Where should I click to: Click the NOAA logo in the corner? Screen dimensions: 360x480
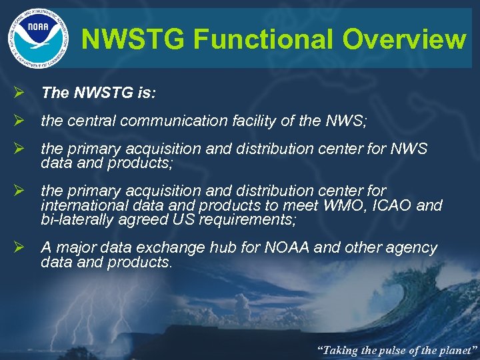(x=38, y=36)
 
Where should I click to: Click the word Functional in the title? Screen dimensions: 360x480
(x=265, y=39)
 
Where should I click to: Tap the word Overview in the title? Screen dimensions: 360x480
(x=404, y=39)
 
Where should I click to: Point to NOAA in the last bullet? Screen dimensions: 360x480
(x=287, y=248)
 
